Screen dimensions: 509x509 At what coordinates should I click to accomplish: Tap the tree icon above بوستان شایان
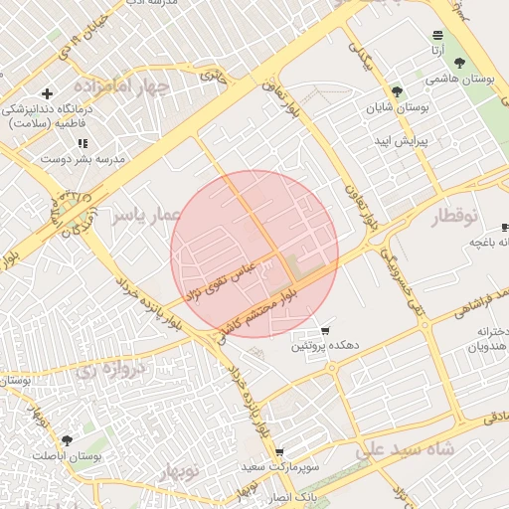399,90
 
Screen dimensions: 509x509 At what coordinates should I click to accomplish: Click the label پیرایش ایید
400,141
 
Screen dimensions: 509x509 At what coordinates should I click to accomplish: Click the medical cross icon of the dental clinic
47,93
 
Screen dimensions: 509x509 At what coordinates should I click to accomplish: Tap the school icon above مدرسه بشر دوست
82,143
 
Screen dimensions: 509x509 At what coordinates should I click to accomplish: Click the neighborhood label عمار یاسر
144,214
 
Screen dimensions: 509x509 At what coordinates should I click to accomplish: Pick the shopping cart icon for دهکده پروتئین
325,331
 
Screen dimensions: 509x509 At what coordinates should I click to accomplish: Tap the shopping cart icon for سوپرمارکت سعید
279,451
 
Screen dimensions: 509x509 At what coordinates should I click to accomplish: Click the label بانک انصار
294,495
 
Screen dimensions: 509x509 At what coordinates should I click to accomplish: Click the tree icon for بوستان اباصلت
67,439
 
